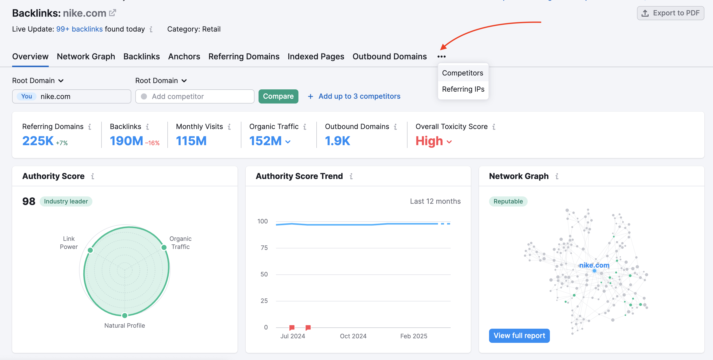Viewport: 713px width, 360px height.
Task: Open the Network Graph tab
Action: [86, 57]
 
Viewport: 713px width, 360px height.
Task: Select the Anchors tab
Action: [184, 57]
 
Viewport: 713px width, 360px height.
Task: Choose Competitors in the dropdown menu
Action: [462, 73]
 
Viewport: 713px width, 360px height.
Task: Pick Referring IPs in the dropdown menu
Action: [463, 89]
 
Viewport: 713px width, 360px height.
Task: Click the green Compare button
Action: [278, 96]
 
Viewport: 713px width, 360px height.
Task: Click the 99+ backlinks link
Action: [79, 29]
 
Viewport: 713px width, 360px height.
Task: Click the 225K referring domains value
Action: [38, 141]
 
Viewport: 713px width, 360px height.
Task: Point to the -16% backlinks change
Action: [152, 143]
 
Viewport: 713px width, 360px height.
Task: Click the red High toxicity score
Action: [429, 141]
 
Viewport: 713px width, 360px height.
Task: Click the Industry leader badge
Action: [66, 201]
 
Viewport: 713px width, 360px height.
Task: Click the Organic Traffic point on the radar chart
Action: [164, 247]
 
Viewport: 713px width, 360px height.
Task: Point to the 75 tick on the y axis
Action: [264, 248]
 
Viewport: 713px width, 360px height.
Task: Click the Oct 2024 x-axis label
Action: [353, 336]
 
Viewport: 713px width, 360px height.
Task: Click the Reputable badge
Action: [508, 201]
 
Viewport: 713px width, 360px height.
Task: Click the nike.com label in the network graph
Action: [594, 265]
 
